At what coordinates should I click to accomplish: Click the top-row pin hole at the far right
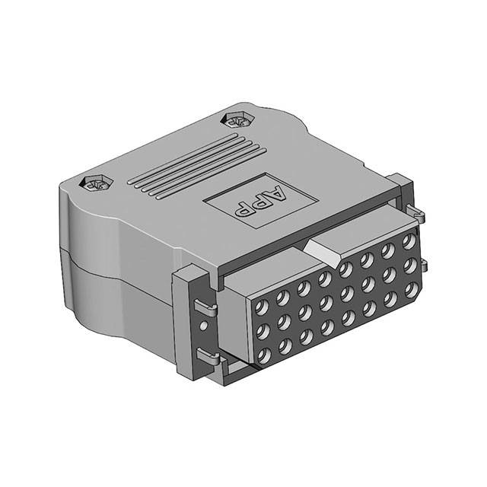(408, 243)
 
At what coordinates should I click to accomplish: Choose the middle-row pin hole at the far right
(409, 265)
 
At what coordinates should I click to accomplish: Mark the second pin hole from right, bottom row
(391, 297)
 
